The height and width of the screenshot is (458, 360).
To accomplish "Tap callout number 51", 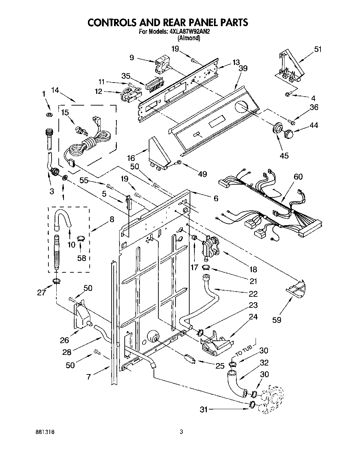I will click(318, 50).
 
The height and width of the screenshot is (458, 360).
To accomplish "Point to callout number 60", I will click(299, 177).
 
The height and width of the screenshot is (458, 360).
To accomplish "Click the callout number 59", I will click(277, 320).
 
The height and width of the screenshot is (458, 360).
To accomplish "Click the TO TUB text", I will click(244, 351).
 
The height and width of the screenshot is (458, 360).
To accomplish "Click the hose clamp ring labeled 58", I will click(81, 238).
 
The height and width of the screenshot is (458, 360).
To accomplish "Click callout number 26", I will click(64, 340).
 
